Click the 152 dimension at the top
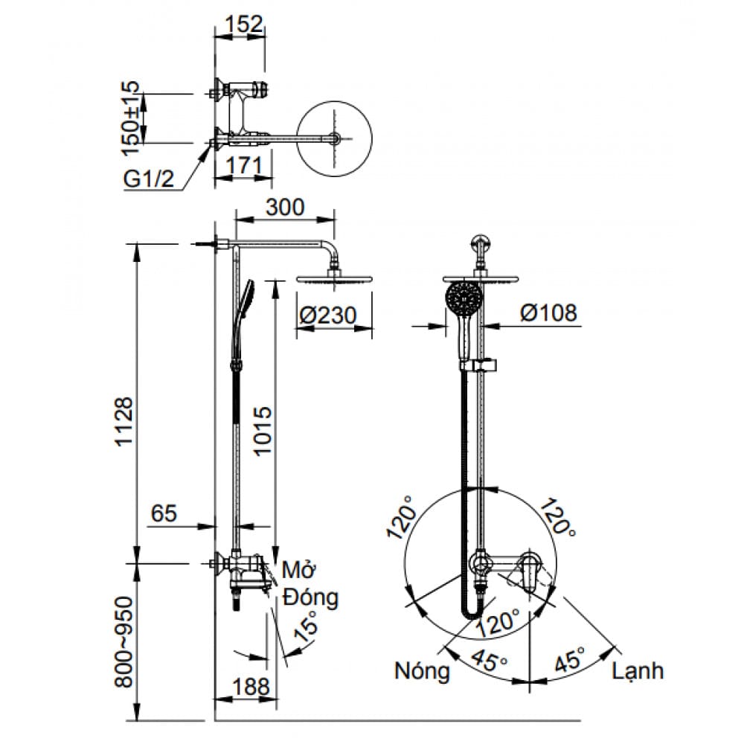click(x=243, y=24)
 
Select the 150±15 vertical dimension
click(x=131, y=118)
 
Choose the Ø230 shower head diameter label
click(x=327, y=315)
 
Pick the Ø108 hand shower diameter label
click(x=548, y=313)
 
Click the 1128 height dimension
click(x=124, y=421)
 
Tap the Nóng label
click(x=423, y=671)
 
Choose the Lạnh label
click(x=638, y=671)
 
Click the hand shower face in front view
click(x=465, y=300)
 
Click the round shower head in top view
click(x=335, y=139)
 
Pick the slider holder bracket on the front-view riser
click(x=482, y=365)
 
